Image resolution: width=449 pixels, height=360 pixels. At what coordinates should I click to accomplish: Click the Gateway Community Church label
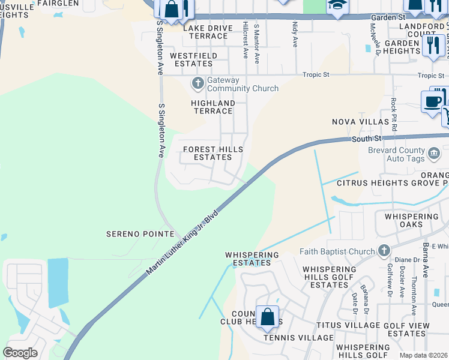243,84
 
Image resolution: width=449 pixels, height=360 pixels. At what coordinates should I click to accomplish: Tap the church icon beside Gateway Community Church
197,83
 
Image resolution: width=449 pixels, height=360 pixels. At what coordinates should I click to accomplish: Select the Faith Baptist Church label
341,251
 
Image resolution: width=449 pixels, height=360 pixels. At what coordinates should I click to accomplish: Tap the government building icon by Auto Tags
433,155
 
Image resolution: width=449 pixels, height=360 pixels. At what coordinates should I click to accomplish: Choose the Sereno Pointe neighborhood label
140,233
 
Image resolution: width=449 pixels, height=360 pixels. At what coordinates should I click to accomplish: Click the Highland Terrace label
213,107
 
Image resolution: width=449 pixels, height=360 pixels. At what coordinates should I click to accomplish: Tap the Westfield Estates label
194,59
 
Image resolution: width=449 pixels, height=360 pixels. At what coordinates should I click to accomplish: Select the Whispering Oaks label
412,220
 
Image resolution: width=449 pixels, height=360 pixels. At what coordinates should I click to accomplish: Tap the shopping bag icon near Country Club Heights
267,316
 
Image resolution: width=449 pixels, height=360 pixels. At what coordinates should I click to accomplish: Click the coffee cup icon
432,101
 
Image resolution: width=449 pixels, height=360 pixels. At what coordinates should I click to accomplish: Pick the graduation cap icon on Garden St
337,6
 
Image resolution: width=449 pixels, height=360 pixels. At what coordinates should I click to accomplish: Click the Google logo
20,352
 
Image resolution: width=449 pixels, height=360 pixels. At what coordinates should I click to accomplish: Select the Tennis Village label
298,338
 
